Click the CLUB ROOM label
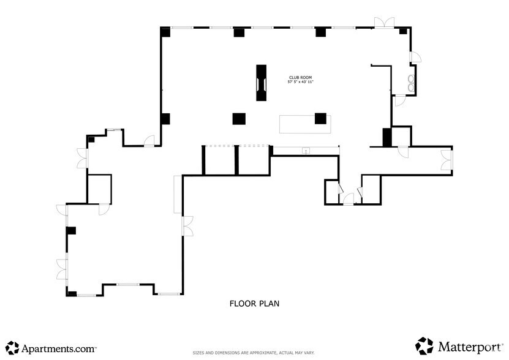(x=300, y=78)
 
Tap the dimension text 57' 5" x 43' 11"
(x=300, y=82)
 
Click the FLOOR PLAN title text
(x=255, y=303)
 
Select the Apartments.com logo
(x=51, y=348)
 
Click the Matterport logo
(x=459, y=347)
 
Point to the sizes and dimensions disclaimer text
(x=254, y=353)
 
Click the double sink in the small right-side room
(x=412, y=83)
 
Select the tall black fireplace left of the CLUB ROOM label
(x=262, y=83)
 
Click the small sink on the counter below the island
(x=306, y=151)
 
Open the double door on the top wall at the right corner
(x=385, y=23)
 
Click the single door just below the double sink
(x=398, y=101)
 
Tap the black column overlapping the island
(x=320, y=118)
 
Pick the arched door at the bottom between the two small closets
(x=348, y=198)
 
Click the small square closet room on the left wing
(x=99, y=189)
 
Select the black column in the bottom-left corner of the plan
(x=72, y=294)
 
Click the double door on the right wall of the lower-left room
(x=187, y=226)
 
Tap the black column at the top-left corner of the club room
(x=165, y=32)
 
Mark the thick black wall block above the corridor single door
(x=386, y=137)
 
